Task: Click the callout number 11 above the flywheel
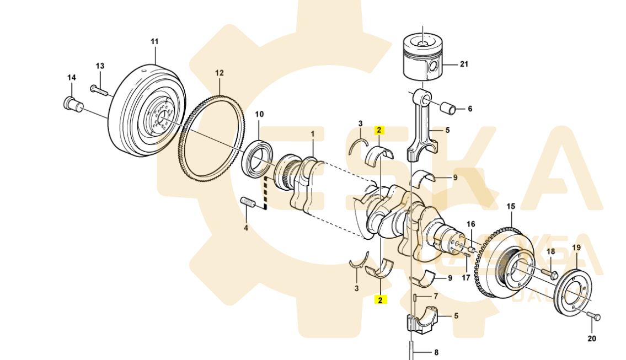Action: pos(154,41)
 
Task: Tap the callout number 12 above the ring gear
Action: pos(220,73)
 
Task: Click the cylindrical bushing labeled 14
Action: pos(71,103)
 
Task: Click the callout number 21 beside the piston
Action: pos(464,65)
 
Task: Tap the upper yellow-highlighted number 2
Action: pos(379,131)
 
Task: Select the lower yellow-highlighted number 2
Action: pos(379,299)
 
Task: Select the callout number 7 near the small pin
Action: pos(435,297)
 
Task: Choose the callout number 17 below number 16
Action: pos(466,278)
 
